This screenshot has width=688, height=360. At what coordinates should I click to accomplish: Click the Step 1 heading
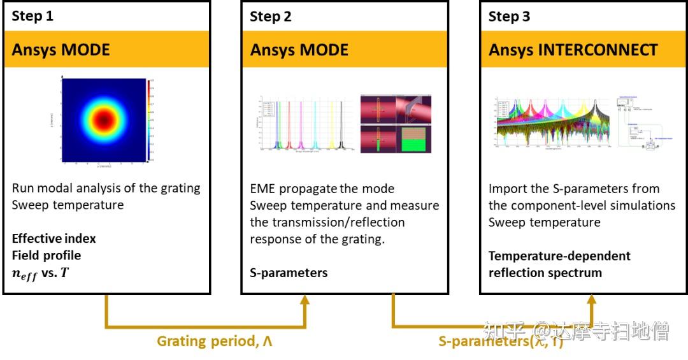click(x=32, y=17)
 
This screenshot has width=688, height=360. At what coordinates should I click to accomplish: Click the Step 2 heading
click(x=271, y=17)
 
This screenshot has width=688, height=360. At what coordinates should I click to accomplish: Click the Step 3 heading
click(x=509, y=17)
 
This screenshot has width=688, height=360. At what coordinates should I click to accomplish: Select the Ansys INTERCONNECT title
click(x=573, y=50)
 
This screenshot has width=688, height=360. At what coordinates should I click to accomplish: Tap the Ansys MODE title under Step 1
click(x=61, y=50)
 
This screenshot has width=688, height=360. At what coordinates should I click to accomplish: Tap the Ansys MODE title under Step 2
click(x=299, y=50)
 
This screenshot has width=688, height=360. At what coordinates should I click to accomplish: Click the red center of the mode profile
click(x=103, y=119)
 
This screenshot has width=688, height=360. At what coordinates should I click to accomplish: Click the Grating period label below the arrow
click(x=215, y=342)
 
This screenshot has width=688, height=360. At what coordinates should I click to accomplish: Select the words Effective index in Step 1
click(x=54, y=239)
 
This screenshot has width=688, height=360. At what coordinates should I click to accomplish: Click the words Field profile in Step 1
click(x=47, y=256)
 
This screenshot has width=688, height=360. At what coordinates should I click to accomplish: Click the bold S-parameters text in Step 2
click(x=289, y=273)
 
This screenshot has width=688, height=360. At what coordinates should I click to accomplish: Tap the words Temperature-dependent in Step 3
click(x=559, y=256)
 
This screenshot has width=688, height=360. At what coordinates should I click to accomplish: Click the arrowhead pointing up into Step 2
click(x=304, y=301)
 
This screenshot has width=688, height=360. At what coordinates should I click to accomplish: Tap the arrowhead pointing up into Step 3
click(x=592, y=301)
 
